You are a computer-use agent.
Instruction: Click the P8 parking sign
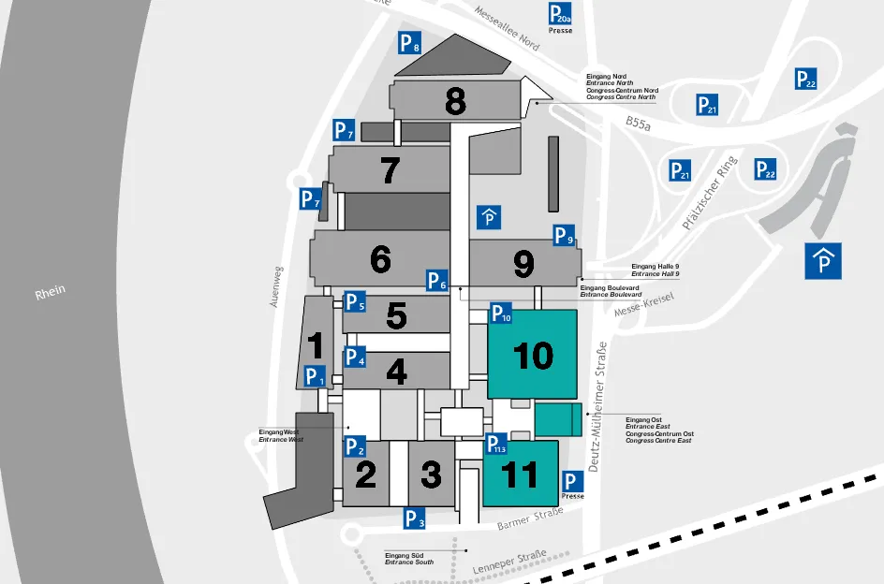coord(409,42)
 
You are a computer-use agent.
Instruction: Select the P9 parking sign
coord(563,236)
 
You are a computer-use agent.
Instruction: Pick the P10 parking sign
coord(502,314)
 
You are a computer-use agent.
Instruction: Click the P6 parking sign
coord(437,280)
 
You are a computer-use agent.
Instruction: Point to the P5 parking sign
coord(354,302)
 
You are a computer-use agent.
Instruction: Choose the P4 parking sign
coord(354,357)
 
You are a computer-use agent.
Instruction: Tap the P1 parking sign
coord(315,377)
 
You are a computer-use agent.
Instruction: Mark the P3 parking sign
coord(415,518)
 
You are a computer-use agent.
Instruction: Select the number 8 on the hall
coord(456,101)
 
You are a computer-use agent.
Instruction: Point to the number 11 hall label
coord(521,474)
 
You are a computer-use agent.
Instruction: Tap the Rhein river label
coord(51,292)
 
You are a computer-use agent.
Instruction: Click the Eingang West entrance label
coord(281,435)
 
